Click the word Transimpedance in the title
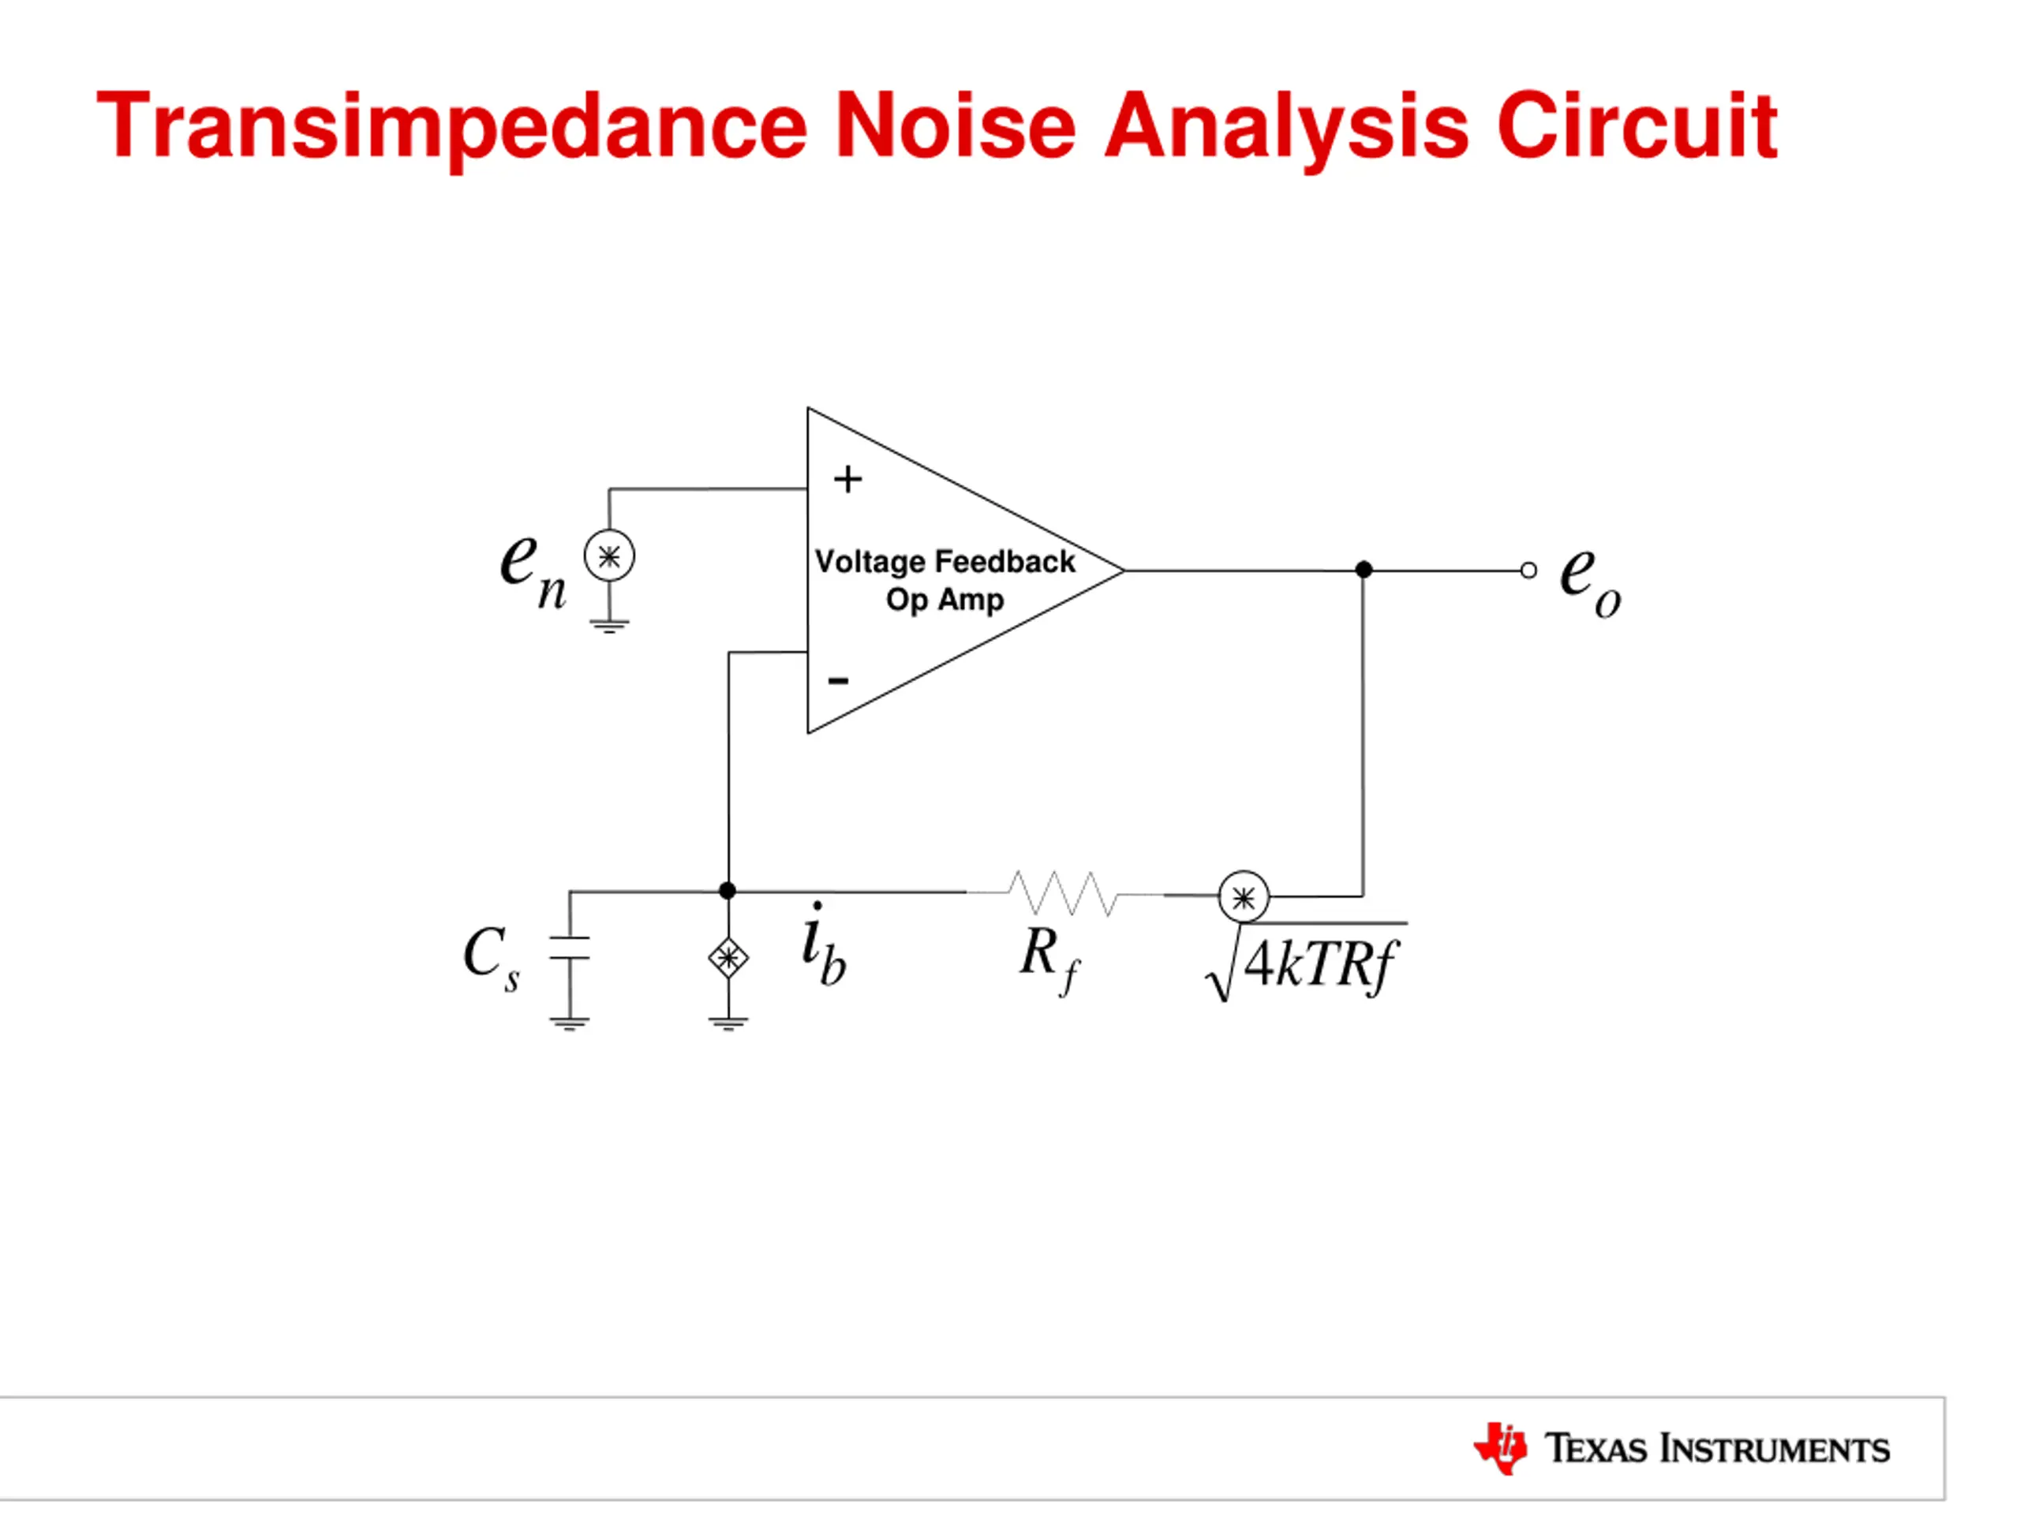(451, 126)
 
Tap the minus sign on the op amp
(838, 680)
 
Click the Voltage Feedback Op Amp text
(945, 581)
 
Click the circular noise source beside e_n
(609, 555)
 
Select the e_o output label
(1589, 581)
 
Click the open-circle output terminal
(1528, 570)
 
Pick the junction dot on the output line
(1363, 570)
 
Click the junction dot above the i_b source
(728, 890)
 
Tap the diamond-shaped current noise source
(728, 958)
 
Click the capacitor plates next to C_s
(569, 948)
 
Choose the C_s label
(492, 957)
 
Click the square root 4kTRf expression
(1306, 963)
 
